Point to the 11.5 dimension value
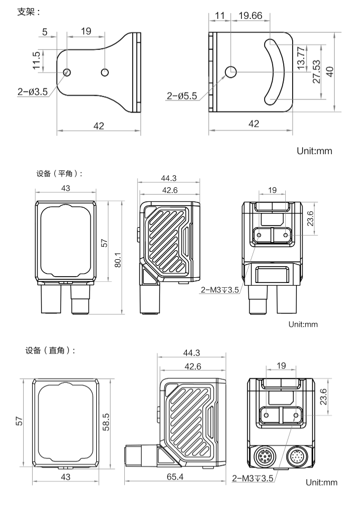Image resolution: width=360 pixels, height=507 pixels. click(x=36, y=60)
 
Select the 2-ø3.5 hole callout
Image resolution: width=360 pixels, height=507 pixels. click(x=32, y=91)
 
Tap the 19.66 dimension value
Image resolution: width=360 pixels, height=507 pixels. click(x=250, y=16)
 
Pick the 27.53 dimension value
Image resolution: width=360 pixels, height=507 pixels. click(x=316, y=72)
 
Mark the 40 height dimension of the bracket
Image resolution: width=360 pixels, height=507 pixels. click(x=330, y=72)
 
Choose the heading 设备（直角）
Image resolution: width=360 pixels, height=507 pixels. click(x=50, y=351)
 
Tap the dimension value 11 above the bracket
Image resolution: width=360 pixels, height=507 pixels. click(x=220, y=16)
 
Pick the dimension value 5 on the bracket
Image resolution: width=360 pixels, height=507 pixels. click(x=45, y=32)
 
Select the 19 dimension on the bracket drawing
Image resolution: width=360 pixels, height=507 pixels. click(x=86, y=32)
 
